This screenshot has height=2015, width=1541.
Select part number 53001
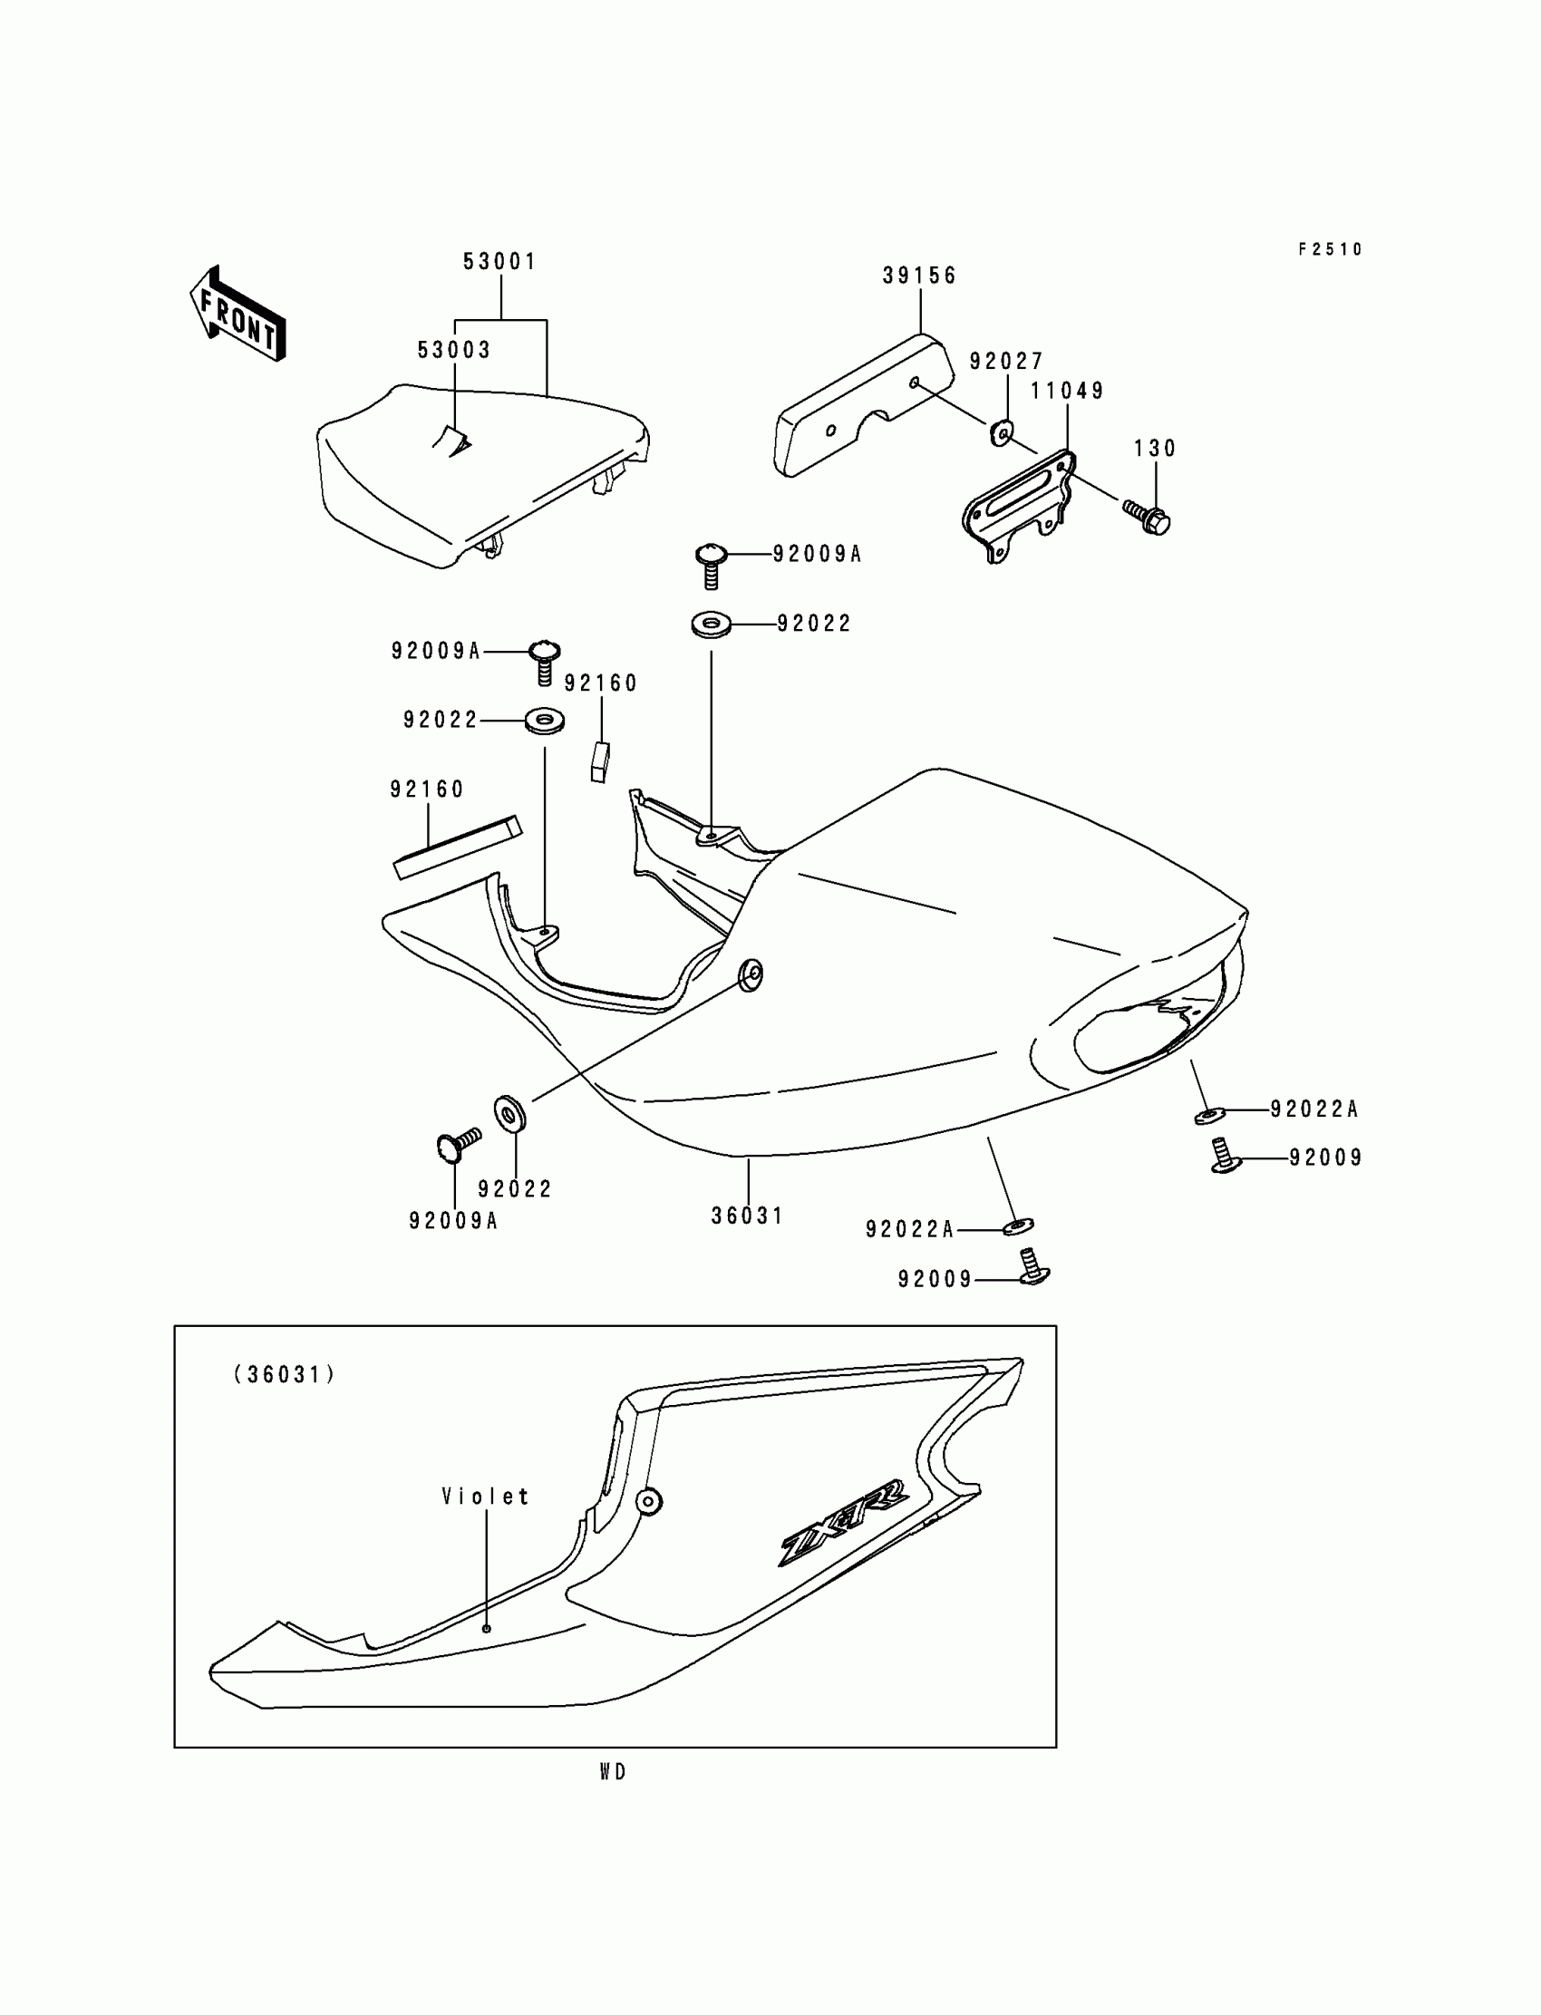click(x=499, y=262)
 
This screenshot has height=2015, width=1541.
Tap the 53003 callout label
click(x=454, y=351)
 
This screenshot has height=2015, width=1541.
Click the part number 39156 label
click(x=919, y=276)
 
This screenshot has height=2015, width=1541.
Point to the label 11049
click(x=1067, y=392)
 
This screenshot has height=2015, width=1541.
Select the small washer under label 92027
click(x=1003, y=431)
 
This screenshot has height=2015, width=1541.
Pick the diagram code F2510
click(x=1330, y=249)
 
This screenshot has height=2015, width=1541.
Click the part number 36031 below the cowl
click(x=748, y=1216)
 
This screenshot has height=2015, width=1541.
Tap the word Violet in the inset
click(x=485, y=1497)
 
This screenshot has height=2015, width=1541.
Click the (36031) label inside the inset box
click(x=285, y=1375)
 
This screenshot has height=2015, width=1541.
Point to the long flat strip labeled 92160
click(x=457, y=848)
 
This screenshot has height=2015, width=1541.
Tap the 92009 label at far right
click(x=1325, y=1158)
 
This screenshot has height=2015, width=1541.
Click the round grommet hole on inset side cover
click(x=648, y=1501)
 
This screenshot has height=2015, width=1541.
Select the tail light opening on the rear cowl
click(x=1147, y=1032)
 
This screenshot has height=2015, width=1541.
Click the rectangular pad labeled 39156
click(x=862, y=407)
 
